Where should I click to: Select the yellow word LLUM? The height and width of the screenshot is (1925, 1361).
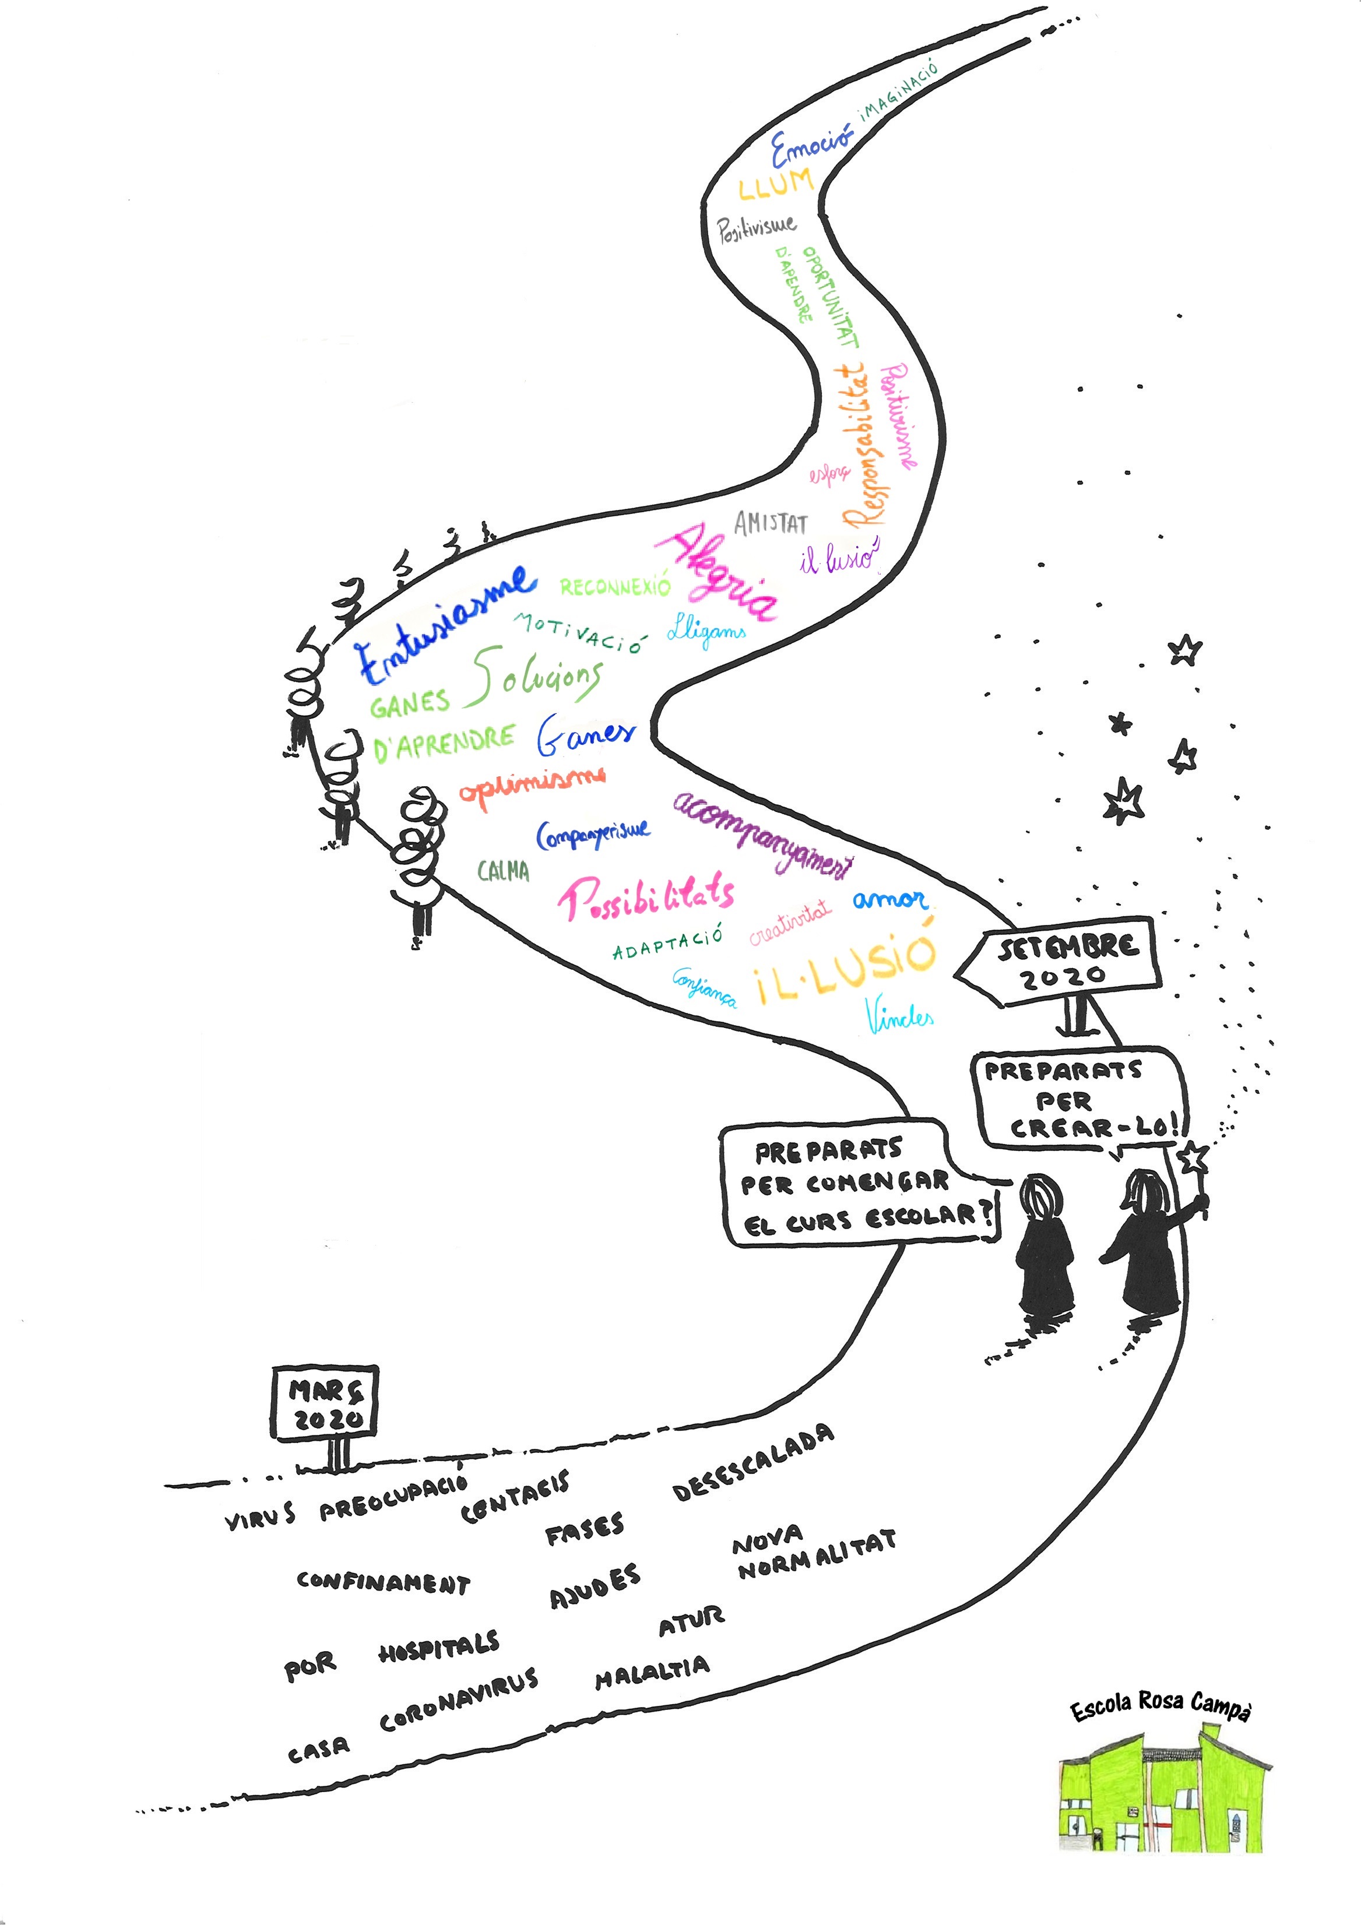click(x=776, y=184)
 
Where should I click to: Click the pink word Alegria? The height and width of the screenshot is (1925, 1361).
click(x=721, y=574)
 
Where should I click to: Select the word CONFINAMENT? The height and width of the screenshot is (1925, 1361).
click(x=383, y=1582)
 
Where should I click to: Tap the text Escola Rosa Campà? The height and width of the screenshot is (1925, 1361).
click(x=1160, y=1707)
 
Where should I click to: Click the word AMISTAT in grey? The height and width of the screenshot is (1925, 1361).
click(x=771, y=524)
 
